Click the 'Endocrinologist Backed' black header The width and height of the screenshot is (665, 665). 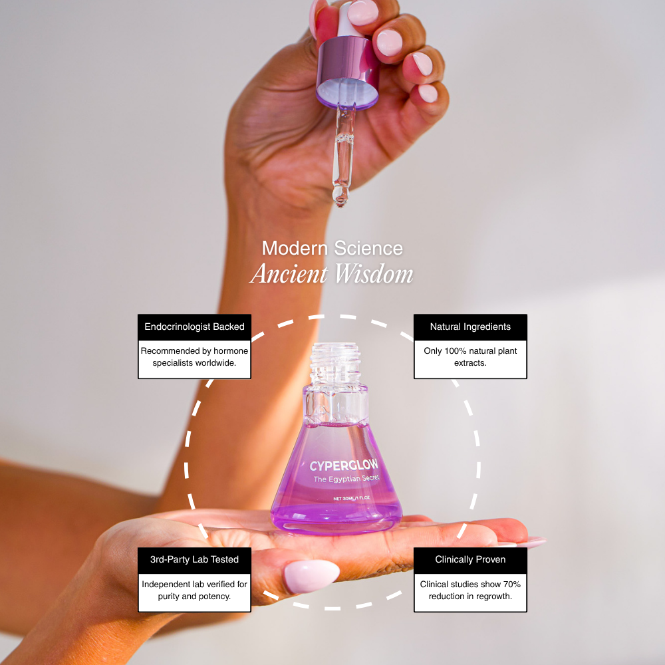[x=194, y=327]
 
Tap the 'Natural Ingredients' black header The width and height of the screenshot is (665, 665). [x=470, y=327]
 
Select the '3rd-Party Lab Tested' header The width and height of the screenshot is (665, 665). [x=194, y=559]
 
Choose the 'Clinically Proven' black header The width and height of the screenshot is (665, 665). [x=470, y=559]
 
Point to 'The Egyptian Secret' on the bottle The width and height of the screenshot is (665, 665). [x=346, y=479]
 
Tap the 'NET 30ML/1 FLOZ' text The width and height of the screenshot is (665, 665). [x=352, y=497]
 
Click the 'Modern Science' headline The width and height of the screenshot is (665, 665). [x=332, y=248]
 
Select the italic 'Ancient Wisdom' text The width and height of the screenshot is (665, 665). [x=332, y=274]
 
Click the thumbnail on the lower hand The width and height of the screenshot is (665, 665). [x=311, y=575]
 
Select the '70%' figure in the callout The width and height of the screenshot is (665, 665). [x=509, y=584]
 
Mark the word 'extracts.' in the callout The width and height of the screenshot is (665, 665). [x=470, y=363]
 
